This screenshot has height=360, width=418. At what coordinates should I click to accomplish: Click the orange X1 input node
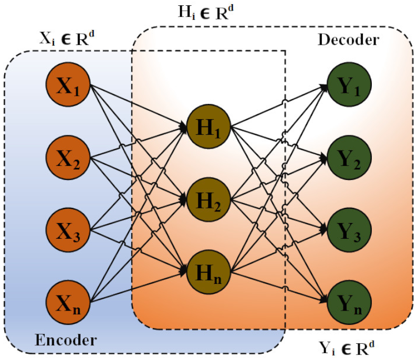pos(69,85)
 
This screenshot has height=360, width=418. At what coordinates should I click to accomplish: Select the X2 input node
pos(69,157)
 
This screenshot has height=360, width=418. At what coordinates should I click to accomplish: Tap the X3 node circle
pos(69,229)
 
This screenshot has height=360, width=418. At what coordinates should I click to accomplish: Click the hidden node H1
pos(208,126)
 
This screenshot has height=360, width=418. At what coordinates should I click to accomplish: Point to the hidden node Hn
pos(208,271)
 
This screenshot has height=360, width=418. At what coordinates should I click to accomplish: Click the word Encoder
pos(66,340)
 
